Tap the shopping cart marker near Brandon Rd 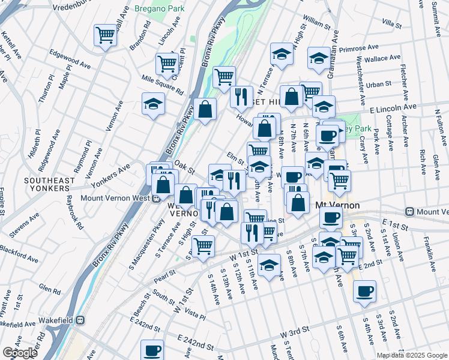[105, 36]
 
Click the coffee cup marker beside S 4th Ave [364, 292]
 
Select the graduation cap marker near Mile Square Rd [153, 104]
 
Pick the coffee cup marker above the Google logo [152, 350]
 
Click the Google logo [20, 353]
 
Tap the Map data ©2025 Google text [412, 355]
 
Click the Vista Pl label [195, 316]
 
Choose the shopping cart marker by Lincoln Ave [167, 64]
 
